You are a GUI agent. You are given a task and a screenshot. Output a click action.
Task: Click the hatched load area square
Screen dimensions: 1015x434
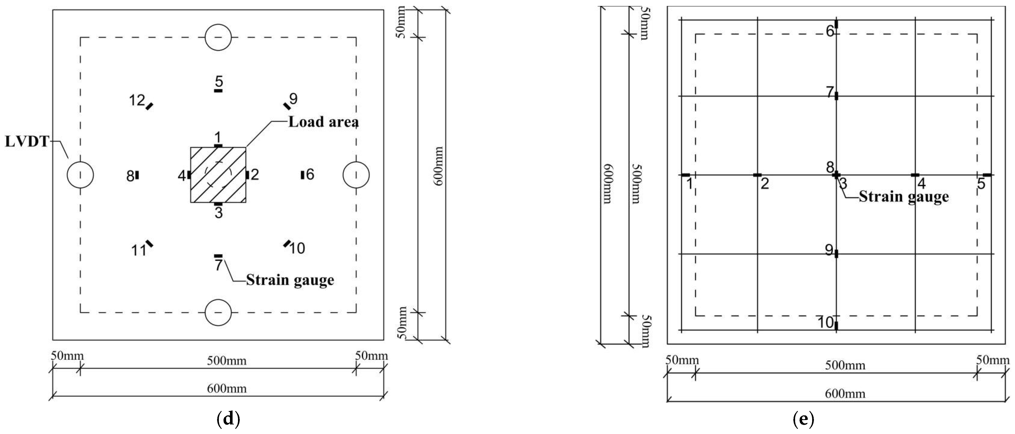[x=218, y=175]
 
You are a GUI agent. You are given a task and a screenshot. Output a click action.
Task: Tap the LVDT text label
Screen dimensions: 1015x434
[x=26, y=142]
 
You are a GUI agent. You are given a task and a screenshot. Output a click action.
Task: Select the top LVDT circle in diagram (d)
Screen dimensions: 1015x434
[x=218, y=37]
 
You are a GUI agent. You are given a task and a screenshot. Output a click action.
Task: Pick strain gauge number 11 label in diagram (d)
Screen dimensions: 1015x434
[x=139, y=250]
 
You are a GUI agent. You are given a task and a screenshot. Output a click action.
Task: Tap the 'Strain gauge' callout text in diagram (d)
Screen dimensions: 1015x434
[x=290, y=280]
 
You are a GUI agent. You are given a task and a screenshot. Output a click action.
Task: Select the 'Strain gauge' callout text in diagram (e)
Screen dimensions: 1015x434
[x=903, y=197]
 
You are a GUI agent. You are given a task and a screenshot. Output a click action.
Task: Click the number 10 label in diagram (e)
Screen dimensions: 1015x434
[x=826, y=323]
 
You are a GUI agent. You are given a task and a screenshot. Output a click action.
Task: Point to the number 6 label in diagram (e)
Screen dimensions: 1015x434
[x=830, y=31]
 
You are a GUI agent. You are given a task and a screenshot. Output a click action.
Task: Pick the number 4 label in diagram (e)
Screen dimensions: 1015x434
[x=922, y=183]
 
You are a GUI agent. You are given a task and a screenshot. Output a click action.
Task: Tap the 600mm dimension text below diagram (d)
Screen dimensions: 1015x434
[x=227, y=389]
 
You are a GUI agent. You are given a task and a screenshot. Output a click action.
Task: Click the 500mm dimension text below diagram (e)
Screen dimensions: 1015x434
[x=845, y=366]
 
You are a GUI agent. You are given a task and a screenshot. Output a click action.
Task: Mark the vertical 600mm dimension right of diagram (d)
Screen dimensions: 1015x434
[x=438, y=166]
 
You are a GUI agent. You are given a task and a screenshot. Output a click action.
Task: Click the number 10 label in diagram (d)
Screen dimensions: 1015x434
[x=297, y=249]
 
